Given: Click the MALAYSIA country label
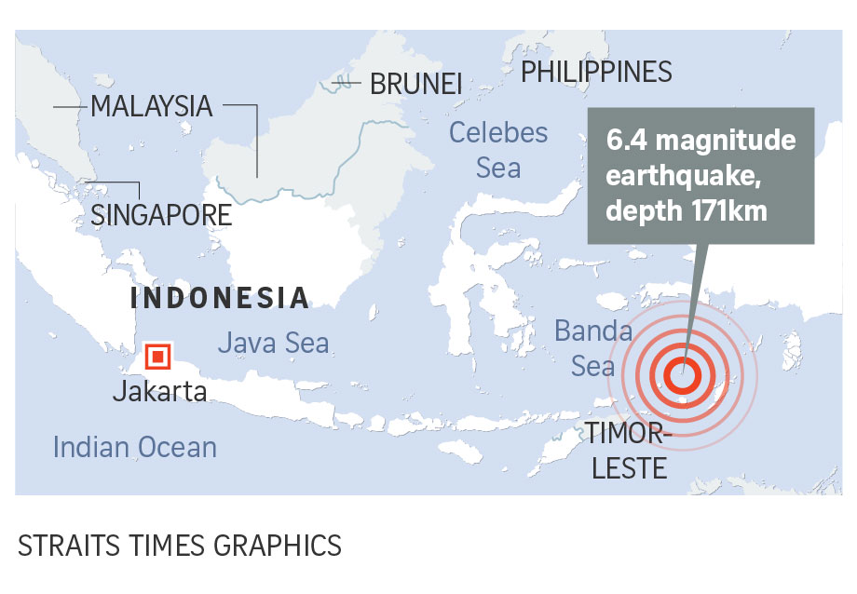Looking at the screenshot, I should tap(151, 106).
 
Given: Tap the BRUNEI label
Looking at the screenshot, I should tap(415, 84).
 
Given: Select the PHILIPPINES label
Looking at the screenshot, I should tap(596, 72).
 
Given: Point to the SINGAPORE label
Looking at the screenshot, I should tap(160, 215).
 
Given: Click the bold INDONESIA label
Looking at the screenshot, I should tap(220, 298).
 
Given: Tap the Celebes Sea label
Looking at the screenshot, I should tap(498, 149).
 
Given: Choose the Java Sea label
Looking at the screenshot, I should tap(273, 343).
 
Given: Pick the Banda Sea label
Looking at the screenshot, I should tap(593, 348).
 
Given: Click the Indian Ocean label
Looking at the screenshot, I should tap(134, 447).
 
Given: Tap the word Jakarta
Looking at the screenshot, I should tap(159, 391).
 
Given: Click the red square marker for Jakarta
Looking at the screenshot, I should tap(157, 355).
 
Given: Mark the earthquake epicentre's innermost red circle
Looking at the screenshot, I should tap(683, 375).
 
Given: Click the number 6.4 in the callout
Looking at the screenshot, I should tap(626, 141).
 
